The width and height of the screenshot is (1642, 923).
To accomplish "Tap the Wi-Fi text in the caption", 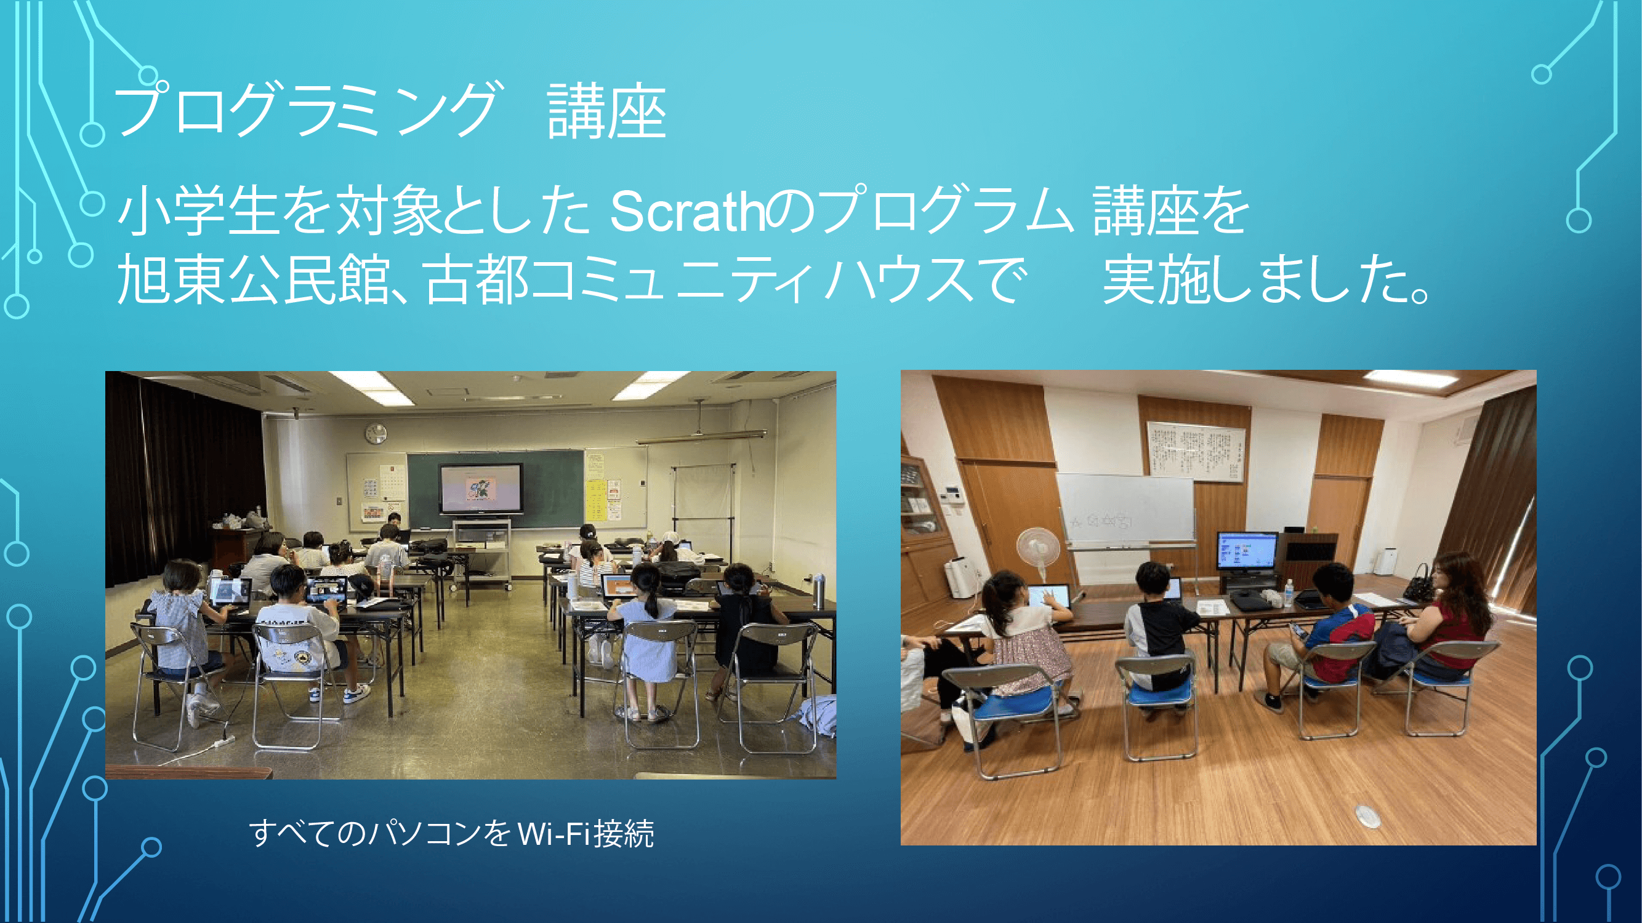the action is coord(553,834).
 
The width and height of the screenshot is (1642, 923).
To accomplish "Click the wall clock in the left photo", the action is coord(376,434).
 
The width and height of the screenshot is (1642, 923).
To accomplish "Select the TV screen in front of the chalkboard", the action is coord(481,489).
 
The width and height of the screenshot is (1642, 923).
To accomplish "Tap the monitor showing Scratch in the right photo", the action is coord(1247,551).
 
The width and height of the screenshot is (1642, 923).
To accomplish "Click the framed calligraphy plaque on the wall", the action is coord(1195,451).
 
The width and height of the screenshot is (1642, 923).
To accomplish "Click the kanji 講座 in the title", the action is coord(606,113).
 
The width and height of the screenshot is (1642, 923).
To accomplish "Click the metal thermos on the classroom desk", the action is coord(818,591).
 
